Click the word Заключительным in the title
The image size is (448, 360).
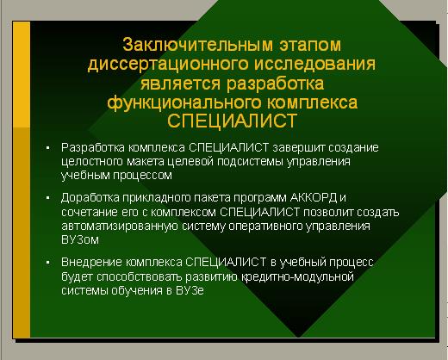[197, 46]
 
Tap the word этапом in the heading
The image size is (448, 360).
[310, 46]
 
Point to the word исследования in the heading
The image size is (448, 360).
[315, 64]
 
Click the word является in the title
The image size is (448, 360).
[180, 84]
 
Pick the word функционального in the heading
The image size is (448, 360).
[184, 102]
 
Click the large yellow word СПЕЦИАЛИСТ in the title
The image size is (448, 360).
[232, 121]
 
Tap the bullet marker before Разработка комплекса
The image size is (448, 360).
[48, 148]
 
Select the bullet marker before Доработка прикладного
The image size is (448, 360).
[48, 198]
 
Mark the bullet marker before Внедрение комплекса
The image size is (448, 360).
[48, 263]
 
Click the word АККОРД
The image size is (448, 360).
[314, 198]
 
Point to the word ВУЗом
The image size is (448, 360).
[80, 239]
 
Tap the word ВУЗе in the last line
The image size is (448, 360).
[190, 290]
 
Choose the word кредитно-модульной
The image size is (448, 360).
[297, 277]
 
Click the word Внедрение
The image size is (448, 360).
[93, 262]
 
